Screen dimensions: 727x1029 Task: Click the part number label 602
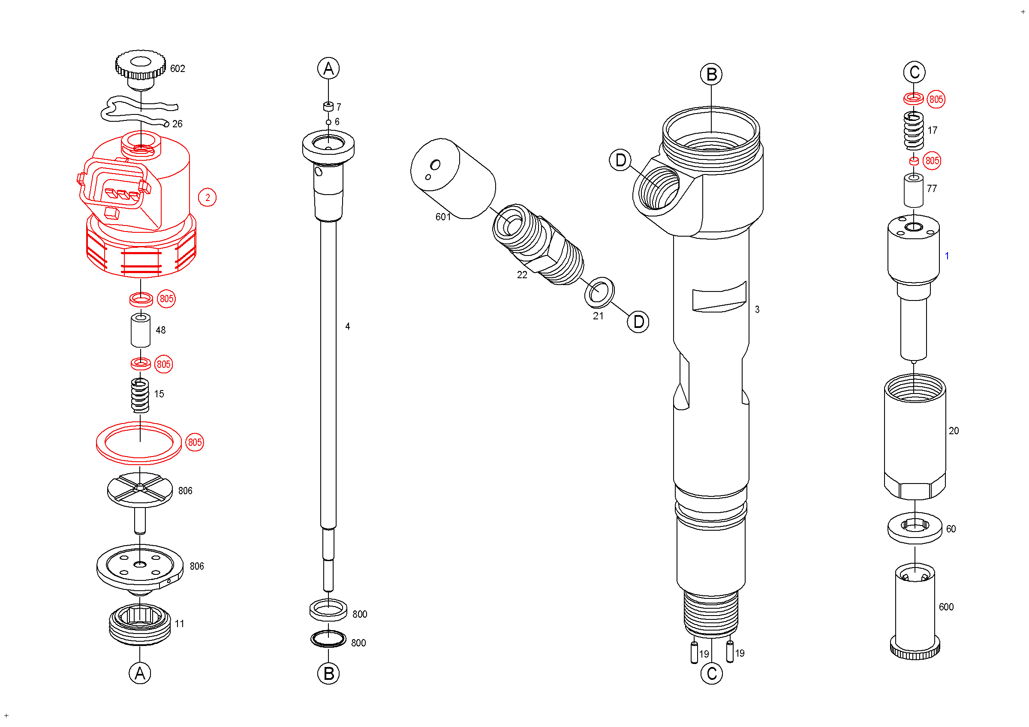[x=178, y=69]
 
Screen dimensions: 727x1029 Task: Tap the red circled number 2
[x=207, y=198]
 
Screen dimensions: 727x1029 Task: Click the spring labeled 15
[x=140, y=396]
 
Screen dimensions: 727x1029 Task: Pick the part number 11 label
[x=179, y=624]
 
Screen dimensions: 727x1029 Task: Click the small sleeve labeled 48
[x=141, y=330]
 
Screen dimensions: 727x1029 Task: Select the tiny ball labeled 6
[x=328, y=122]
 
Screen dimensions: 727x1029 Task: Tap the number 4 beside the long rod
[x=347, y=327]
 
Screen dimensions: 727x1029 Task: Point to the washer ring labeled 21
[x=599, y=292]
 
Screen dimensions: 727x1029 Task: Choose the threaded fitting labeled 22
[x=538, y=244]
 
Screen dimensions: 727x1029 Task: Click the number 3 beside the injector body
[x=757, y=309]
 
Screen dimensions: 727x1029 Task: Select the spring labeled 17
[x=913, y=130]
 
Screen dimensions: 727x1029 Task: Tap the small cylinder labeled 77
[x=913, y=191]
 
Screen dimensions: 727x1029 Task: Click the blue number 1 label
[x=947, y=256]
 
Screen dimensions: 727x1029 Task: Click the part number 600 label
[x=946, y=607]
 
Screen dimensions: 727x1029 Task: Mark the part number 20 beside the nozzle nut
[x=954, y=431]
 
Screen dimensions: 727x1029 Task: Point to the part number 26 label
[x=178, y=123]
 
